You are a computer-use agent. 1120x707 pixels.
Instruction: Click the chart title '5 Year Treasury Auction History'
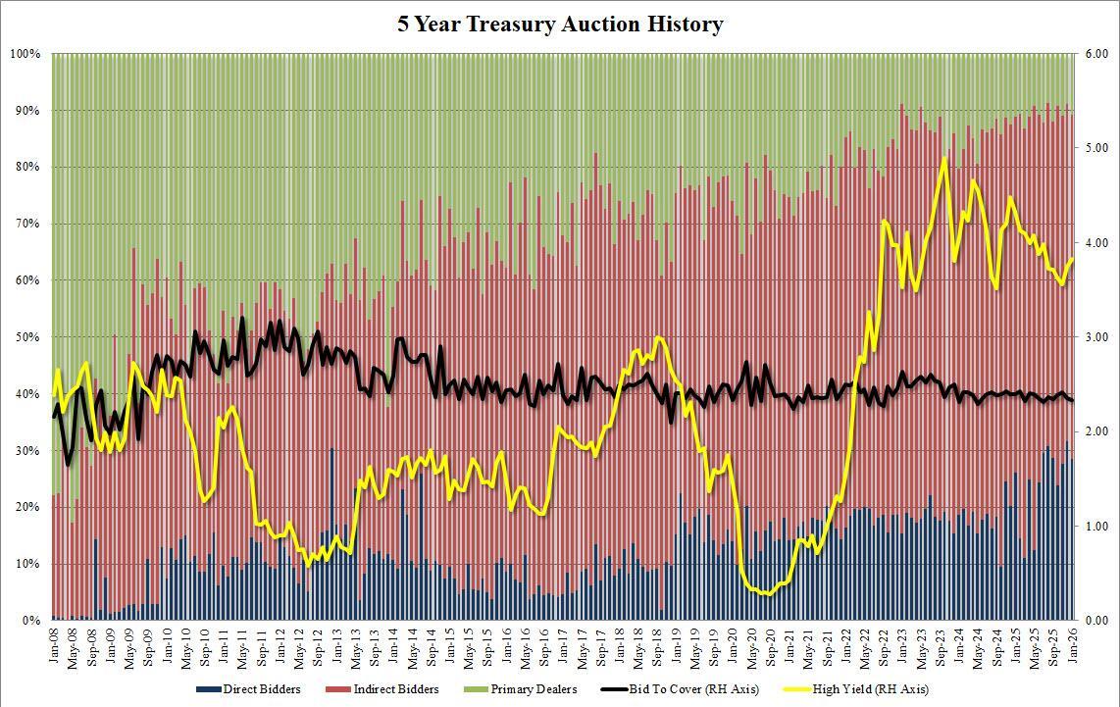(x=560, y=25)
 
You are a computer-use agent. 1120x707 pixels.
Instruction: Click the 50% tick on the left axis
(x=27, y=337)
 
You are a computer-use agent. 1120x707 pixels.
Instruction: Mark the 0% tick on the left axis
(x=30, y=621)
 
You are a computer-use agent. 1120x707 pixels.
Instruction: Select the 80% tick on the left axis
(x=27, y=167)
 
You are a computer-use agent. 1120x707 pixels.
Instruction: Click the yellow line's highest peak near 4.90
(x=943, y=158)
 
